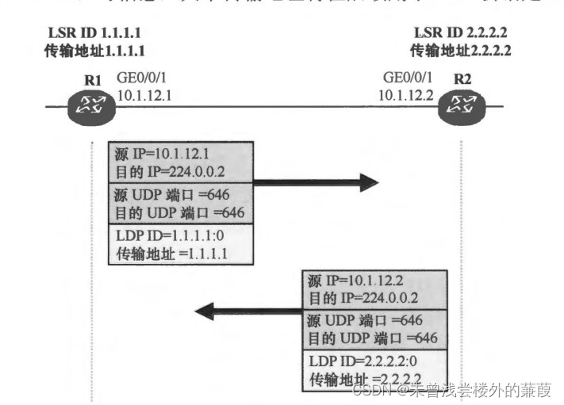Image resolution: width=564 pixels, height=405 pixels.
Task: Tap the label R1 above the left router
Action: pyautogui.click(x=93, y=79)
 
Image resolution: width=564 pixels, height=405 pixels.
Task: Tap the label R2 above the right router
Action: pyautogui.click(x=462, y=79)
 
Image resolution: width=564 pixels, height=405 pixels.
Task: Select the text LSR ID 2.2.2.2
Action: pyautogui.click(x=462, y=34)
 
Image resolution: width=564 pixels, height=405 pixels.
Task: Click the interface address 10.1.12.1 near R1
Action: pyautogui.click(x=144, y=94)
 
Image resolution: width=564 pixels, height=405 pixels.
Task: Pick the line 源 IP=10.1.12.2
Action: pyautogui.click(x=356, y=281)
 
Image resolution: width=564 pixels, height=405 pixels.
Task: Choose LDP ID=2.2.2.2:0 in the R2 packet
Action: pyautogui.click(x=361, y=361)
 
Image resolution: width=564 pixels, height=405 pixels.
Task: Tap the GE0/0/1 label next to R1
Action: pyautogui.click(x=141, y=78)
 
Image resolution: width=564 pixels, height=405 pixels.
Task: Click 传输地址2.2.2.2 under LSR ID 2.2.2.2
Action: pyautogui.click(x=460, y=50)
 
